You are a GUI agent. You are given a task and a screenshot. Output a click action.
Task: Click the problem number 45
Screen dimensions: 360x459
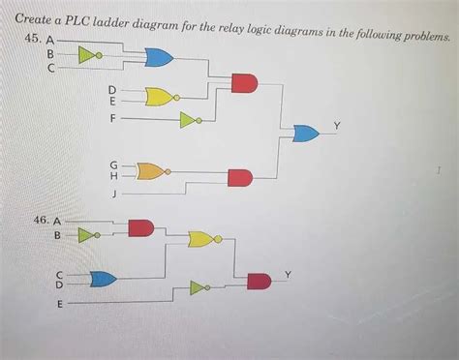(33, 39)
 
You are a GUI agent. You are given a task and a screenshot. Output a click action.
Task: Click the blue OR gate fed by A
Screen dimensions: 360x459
(157, 58)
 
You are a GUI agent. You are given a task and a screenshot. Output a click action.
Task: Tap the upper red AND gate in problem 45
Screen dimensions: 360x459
(244, 83)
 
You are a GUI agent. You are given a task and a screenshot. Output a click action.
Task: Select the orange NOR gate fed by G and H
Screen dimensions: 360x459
(151, 171)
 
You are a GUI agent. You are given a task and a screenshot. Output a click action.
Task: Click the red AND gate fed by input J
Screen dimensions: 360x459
(239, 177)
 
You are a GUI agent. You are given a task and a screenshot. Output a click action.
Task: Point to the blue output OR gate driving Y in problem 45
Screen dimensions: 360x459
(307, 133)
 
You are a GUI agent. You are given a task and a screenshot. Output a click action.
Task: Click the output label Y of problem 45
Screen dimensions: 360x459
(336, 125)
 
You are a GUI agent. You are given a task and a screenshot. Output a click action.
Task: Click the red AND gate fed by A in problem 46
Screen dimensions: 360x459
(141, 227)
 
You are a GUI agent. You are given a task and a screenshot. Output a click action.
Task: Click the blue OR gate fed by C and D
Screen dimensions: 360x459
(102, 280)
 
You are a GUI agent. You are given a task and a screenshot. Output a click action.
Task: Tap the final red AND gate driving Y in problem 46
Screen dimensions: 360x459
(259, 281)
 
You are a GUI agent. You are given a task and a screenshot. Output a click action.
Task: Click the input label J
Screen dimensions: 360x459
(116, 194)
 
